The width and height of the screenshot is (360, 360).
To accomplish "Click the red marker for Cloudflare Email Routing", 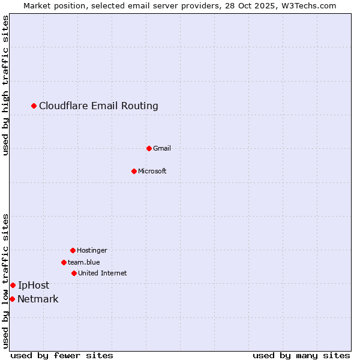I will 34,106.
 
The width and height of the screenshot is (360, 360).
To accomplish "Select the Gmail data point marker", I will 149,148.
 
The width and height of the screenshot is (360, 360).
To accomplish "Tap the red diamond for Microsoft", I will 134,171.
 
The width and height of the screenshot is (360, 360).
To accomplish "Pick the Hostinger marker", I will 73,250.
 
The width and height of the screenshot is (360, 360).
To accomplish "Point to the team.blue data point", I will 64,262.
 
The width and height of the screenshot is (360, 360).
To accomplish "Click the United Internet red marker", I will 74,273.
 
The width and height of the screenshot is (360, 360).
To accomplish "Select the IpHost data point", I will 13,285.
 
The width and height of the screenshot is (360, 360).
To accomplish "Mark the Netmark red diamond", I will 12,299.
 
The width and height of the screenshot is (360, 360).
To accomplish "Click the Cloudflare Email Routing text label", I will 98,106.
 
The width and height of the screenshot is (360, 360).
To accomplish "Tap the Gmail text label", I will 162,148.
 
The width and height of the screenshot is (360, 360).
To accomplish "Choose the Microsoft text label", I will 152,171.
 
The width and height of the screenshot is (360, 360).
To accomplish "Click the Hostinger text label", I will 92,250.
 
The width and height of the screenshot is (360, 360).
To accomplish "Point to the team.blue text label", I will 84,262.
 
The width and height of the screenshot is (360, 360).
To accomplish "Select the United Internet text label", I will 103,273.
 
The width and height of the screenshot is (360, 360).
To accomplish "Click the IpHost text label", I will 34,285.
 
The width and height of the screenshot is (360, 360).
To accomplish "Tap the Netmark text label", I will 38,299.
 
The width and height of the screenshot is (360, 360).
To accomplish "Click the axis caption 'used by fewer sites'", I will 62,355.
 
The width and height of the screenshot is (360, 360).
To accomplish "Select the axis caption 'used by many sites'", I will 301,355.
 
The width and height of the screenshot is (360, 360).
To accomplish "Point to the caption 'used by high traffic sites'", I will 6,86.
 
